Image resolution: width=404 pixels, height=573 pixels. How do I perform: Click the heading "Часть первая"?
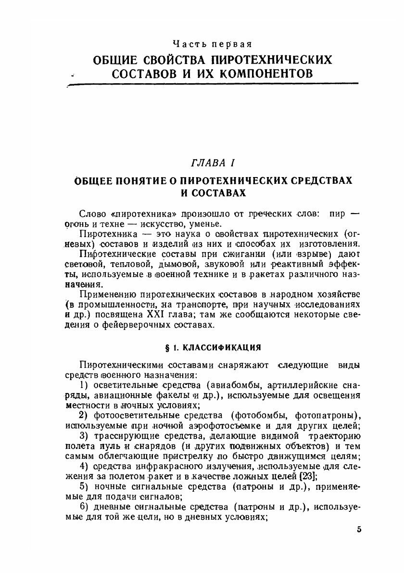(212, 45)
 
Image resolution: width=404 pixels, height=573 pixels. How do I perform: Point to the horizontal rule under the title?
(214, 85)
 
